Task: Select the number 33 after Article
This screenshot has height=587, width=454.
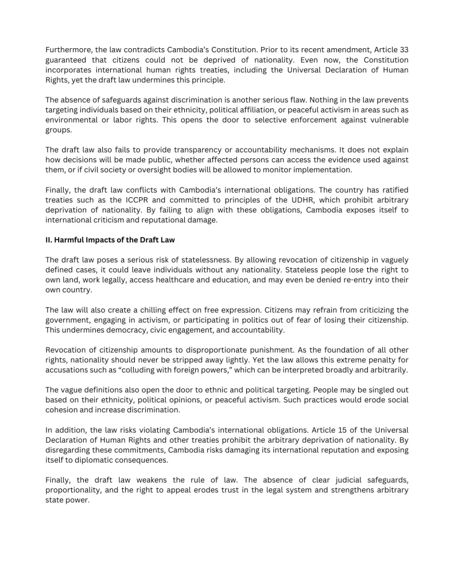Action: click(402, 50)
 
